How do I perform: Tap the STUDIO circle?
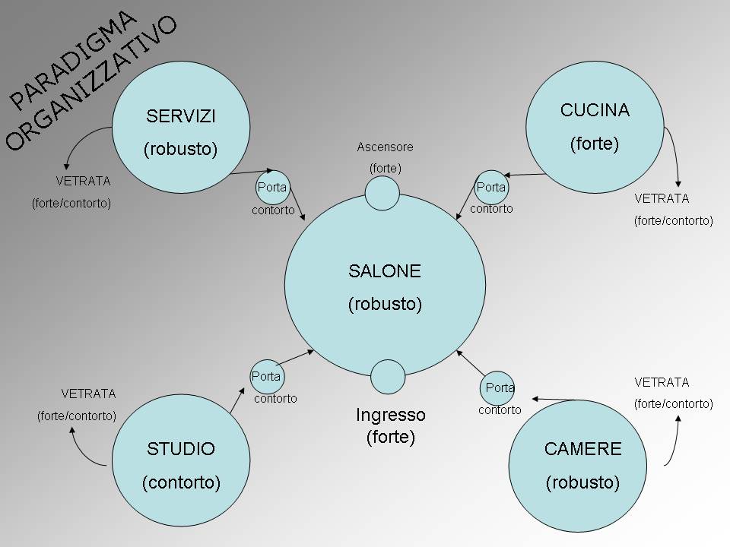[x=181, y=462]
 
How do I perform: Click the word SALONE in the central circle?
[x=385, y=271]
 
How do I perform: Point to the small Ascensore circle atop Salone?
[x=382, y=193]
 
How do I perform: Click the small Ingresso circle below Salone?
[x=388, y=377]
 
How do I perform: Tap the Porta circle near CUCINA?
[x=490, y=187]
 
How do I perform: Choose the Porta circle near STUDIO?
[x=266, y=376]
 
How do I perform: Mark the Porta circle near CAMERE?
[x=500, y=388]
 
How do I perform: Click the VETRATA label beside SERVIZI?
[x=83, y=182]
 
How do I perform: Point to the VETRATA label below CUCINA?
[x=662, y=198]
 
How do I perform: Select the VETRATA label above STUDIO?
[x=88, y=394]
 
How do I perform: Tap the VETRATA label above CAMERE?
[x=662, y=382]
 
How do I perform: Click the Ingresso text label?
[x=391, y=416]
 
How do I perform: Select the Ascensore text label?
[x=386, y=147]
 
